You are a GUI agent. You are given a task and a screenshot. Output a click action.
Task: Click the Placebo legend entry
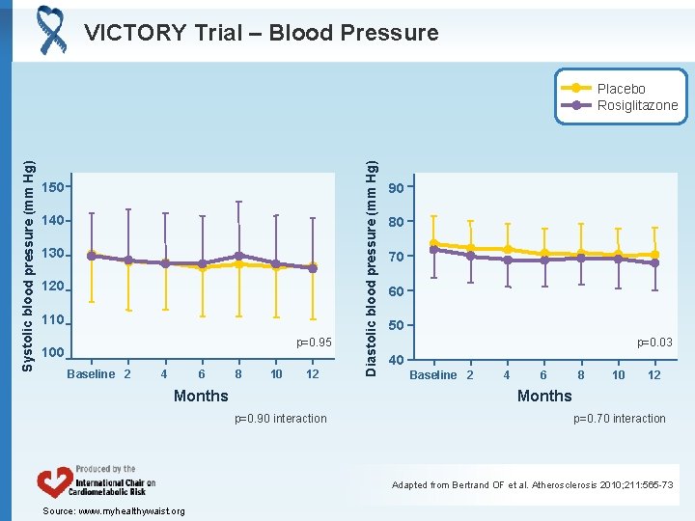pyautogui.click(x=621, y=89)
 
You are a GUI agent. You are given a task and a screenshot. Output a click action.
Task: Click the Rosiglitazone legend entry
pyautogui.click(x=637, y=105)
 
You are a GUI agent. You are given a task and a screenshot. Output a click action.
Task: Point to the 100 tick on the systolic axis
pyautogui.click(x=53, y=353)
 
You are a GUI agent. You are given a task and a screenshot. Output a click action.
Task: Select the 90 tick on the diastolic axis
pyautogui.click(x=396, y=187)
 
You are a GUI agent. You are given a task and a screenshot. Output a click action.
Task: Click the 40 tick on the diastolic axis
pyautogui.click(x=396, y=361)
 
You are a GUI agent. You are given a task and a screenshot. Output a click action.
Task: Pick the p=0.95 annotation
pyautogui.click(x=314, y=343)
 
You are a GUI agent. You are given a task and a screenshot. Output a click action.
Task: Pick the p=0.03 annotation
pyautogui.click(x=654, y=343)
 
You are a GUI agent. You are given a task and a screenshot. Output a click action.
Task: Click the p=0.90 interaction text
pyautogui.click(x=281, y=418)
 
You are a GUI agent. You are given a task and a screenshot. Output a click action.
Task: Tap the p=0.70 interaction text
pyautogui.click(x=620, y=418)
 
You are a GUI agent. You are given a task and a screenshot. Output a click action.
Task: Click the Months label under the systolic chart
pyautogui.click(x=201, y=396)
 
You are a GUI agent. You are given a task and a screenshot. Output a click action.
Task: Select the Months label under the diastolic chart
pyautogui.click(x=544, y=396)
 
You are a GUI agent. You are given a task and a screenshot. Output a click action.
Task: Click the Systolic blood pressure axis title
pyautogui.click(x=28, y=253)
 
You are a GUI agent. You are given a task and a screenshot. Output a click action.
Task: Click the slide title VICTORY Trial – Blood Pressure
pyautogui.click(x=261, y=33)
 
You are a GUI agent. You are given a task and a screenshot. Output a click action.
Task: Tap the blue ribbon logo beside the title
pyautogui.click(x=50, y=29)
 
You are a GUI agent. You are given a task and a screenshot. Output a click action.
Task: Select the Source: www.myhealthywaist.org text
pyautogui.click(x=114, y=510)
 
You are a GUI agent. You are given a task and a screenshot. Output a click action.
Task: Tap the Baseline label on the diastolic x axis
pyautogui.click(x=433, y=374)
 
